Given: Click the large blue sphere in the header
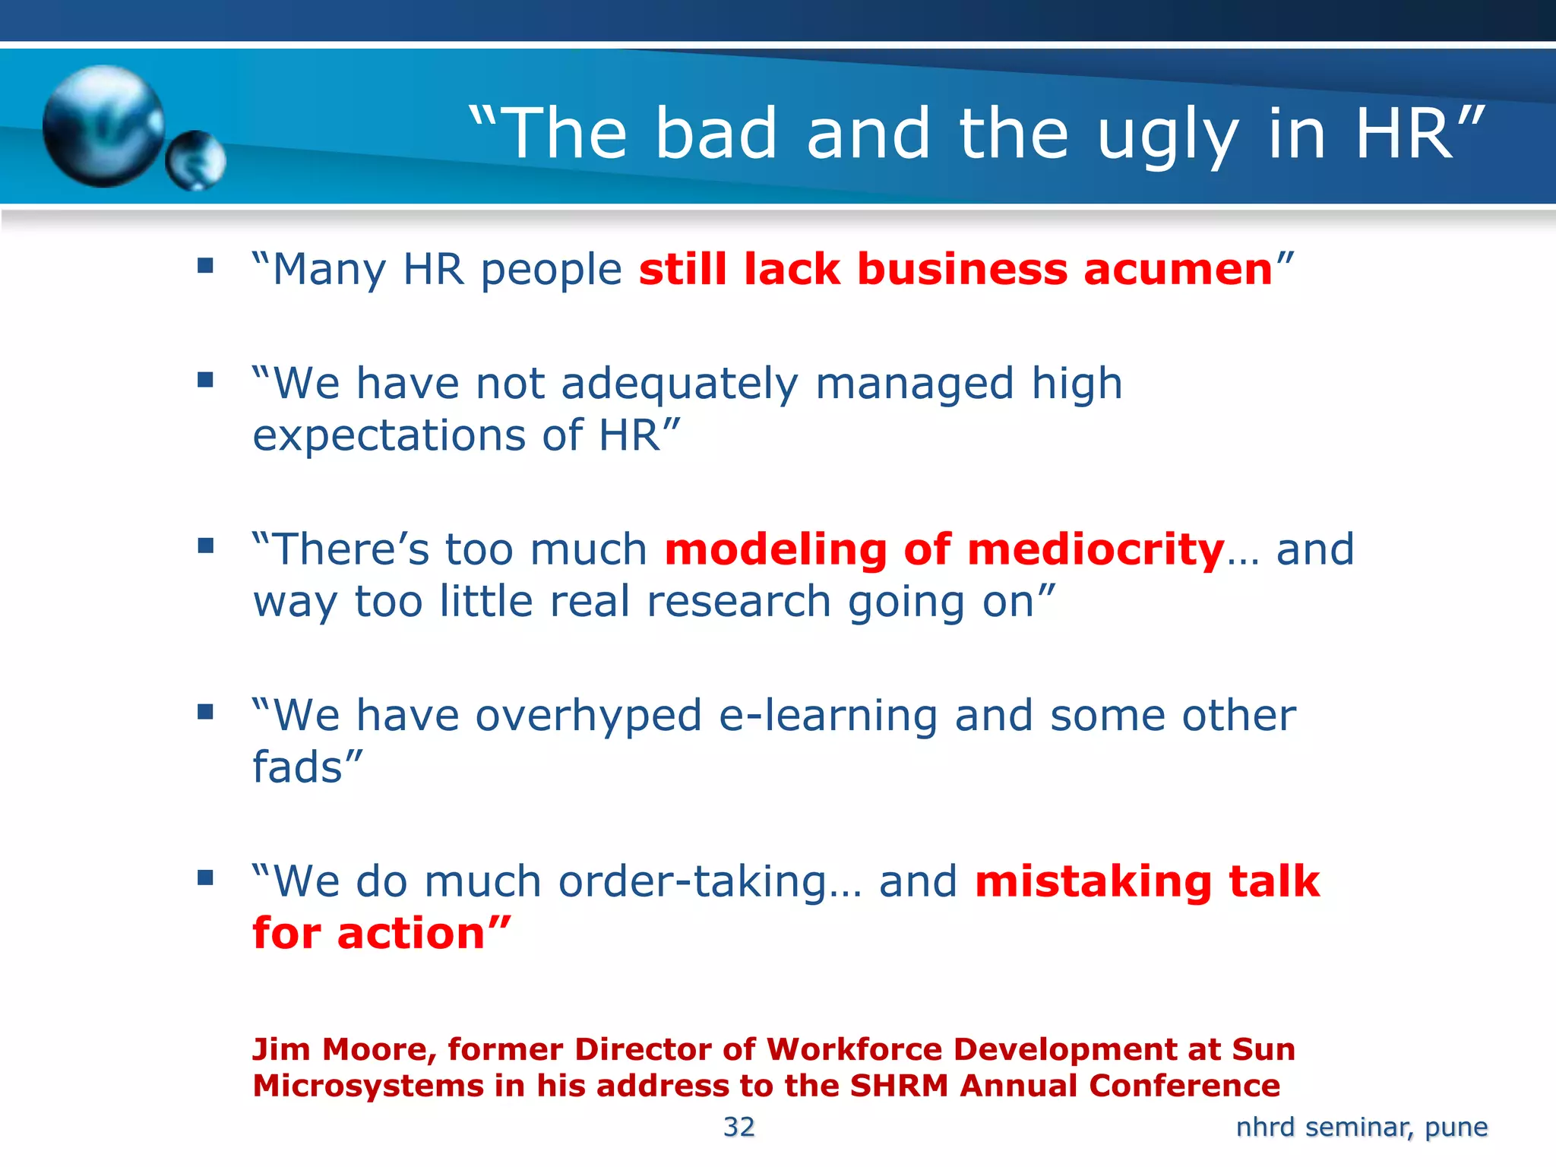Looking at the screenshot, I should click(x=103, y=125).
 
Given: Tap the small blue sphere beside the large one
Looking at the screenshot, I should click(x=196, y=160).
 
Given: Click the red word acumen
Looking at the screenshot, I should click(x=1178, y=270).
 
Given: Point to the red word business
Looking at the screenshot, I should click(x=962, y=270).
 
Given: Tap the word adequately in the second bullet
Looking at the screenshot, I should click(x=680, y=384).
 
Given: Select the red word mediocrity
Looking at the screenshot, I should click(x=1096, y=550).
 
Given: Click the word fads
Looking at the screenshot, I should click(x=298, y=767).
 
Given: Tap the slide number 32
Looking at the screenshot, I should click(x=738, y=1127).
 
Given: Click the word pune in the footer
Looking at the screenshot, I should click(x=1456, y=1127).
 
